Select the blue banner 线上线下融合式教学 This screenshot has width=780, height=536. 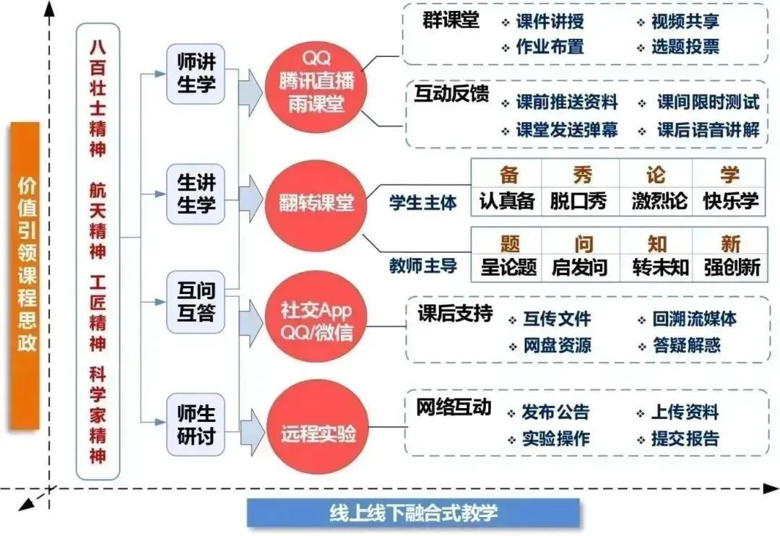(413, 514)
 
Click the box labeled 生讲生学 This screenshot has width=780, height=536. (196, 193)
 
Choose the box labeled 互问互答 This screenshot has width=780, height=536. (196, 304)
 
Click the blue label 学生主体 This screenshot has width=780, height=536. (422, 204)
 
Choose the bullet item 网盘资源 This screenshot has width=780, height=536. (557, 345)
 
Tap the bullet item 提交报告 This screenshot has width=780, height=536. (684, 438)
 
